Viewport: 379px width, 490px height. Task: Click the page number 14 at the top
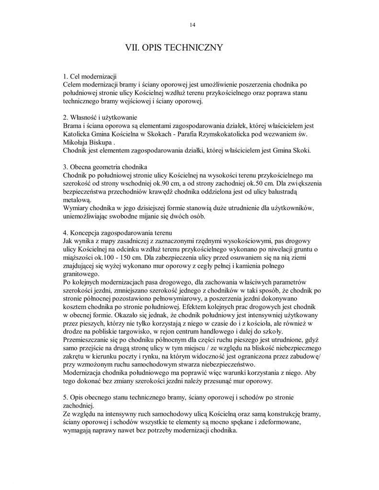click(x=193, y=25)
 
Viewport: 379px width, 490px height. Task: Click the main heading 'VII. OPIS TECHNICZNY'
click(x=173, y=48)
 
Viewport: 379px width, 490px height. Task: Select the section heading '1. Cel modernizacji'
click(x=90, y=76)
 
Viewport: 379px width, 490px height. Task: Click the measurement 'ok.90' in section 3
click(x=162, y=184)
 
